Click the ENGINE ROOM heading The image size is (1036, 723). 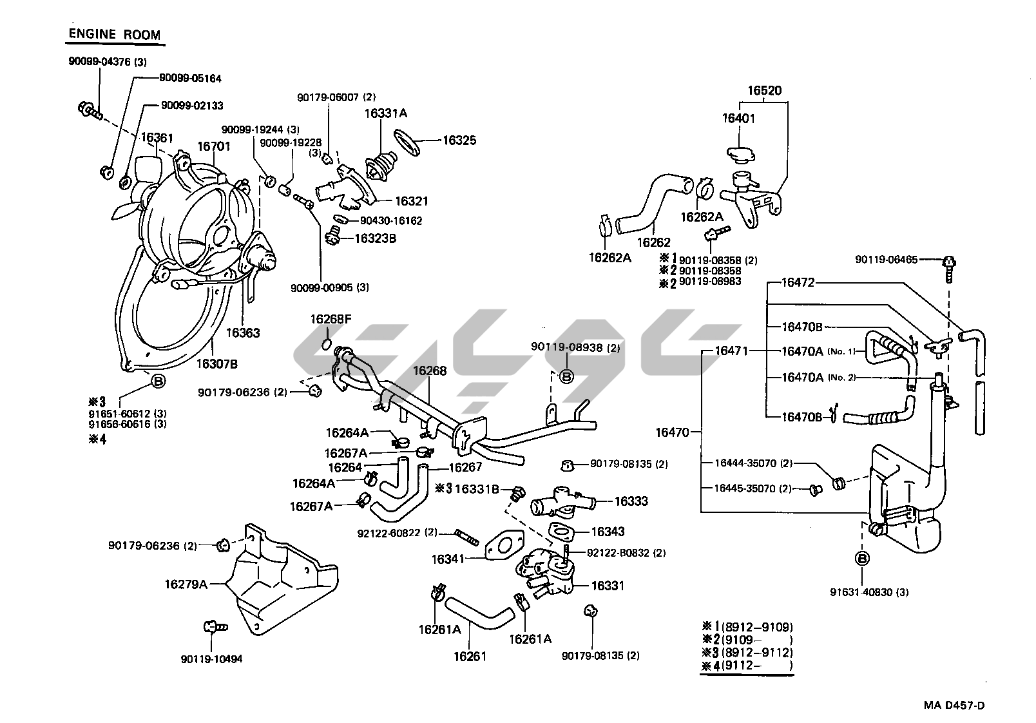pos(114,34)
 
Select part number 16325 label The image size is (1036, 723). pos(459,140)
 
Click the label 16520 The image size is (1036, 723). pos(764,91)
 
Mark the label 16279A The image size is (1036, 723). pos(186,584)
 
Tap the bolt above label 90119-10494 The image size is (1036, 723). pos(212,626)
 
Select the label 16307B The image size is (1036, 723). pos(217,364)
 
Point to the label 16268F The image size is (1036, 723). pos(331,319)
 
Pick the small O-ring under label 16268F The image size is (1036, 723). pos(326,343)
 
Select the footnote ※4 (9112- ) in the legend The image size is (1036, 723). pos(747,666)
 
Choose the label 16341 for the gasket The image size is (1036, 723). pos(448,559)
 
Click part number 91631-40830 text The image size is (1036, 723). pos(870,592)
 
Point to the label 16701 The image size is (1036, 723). pos(213,146)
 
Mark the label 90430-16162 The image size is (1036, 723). pos(391,221)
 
